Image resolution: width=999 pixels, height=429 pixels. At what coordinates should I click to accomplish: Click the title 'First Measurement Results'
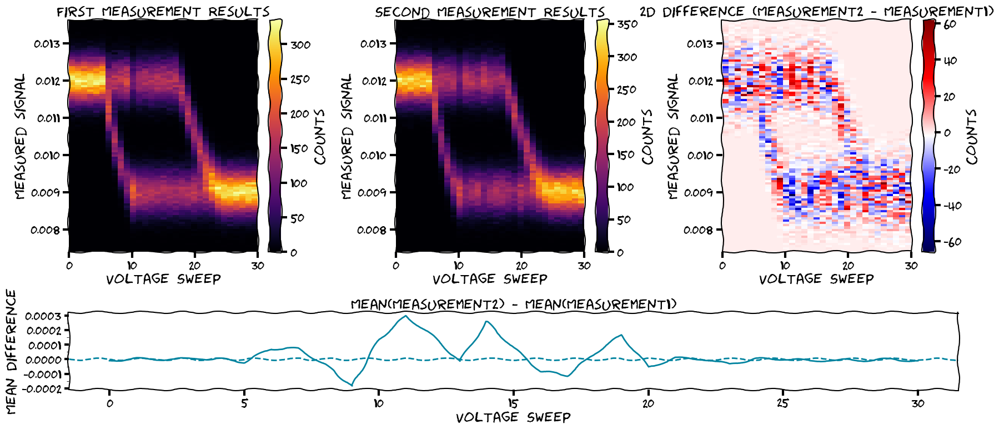(x=163, y=12)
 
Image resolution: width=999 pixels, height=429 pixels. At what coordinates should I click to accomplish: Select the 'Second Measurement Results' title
(x=490, y=12)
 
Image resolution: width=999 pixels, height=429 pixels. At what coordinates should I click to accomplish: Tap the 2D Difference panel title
(x=816, y=12)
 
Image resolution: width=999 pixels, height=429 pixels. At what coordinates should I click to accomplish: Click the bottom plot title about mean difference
(x=514, y=304)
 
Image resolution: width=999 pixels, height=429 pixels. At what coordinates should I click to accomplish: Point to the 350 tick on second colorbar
(x=627, y=24)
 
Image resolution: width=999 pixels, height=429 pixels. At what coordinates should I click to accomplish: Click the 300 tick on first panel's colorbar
(x=300, y=44)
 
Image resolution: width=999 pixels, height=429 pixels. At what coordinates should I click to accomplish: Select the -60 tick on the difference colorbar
(x=952, y=242)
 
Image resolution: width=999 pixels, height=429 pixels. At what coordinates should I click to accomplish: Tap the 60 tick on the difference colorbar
(x=950, y=24)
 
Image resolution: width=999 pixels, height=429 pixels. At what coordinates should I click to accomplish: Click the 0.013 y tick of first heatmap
(x=48, y=43)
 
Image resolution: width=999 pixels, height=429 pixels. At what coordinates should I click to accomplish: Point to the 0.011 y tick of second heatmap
(x=374, y=118)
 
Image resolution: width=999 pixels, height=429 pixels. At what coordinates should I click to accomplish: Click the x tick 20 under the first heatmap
(x=194, y=266)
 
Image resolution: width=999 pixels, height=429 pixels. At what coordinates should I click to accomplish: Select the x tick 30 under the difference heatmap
(x=911, y=266)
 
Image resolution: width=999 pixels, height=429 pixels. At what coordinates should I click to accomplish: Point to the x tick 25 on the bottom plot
(x=783, y=403)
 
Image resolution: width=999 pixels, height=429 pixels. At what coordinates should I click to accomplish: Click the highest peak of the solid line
(x=406, y=316)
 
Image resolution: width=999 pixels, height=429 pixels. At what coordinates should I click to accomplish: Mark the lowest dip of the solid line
(x=352, y=385)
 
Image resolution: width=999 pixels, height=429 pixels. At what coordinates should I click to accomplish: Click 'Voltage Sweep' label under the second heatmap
(x=490, y=278)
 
